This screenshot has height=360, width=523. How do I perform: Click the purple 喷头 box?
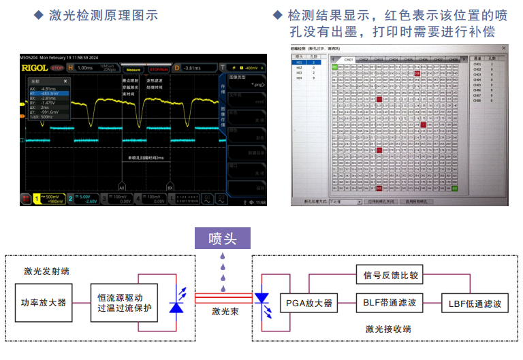click(x=222, y=238)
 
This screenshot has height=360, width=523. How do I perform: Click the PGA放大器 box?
click(x=308, y=303)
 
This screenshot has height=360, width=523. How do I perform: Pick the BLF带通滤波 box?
click(x=390, y=303)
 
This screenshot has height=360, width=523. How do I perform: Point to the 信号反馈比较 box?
click(x=390, y=276)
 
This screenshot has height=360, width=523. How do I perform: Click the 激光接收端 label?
click(x=387, y=329)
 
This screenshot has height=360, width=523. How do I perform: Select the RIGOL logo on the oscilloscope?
click(x=34, y=68)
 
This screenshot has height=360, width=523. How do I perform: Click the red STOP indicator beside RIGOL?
click(x=58, y=68)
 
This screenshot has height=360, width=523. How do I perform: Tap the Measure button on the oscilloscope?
click(x=133, y=68)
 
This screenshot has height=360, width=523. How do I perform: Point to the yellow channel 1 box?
click(x=50, y=198)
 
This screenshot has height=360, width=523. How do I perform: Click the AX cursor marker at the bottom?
click(x=123, y=186)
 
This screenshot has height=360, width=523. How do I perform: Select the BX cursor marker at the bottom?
click(x=170, y=186)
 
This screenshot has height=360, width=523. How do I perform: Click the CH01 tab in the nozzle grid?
click(x=349, y=59)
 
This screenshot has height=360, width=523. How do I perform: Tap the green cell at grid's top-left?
click(x=334, y=67)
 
